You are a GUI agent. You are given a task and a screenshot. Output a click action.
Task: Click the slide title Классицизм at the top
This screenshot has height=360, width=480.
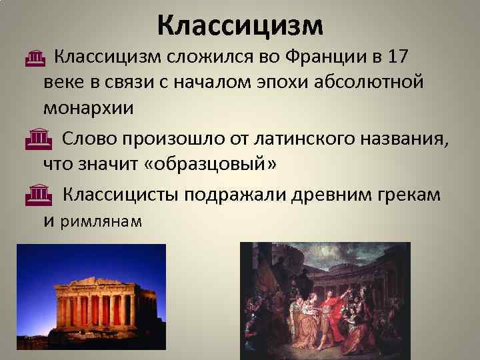tap(240, 25)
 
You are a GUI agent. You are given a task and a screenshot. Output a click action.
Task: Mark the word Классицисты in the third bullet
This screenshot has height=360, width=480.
tap(121, 194)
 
